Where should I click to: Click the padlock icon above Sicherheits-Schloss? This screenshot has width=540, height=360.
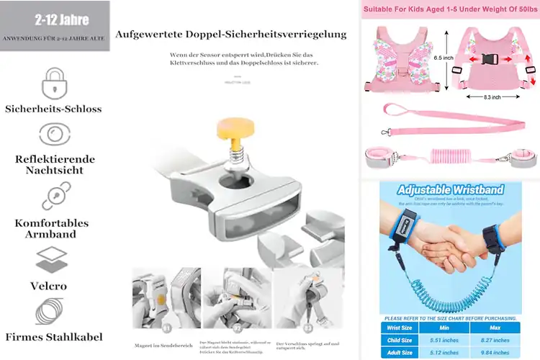54,82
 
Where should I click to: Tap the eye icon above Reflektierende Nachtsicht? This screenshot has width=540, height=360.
54,134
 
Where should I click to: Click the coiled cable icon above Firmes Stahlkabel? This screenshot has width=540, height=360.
54,310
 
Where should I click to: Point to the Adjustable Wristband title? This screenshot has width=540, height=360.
449,191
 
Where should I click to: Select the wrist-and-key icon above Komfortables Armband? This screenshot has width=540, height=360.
54,195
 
